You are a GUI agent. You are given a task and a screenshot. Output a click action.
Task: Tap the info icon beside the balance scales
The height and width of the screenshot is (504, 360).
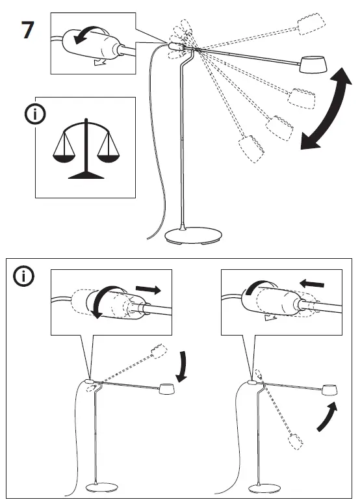[34, 114]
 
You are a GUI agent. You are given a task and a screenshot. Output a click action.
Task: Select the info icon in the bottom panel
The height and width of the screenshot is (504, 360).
[25, 276]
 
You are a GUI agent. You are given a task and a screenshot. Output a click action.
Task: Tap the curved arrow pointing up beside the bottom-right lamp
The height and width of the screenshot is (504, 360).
[327, 416]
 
